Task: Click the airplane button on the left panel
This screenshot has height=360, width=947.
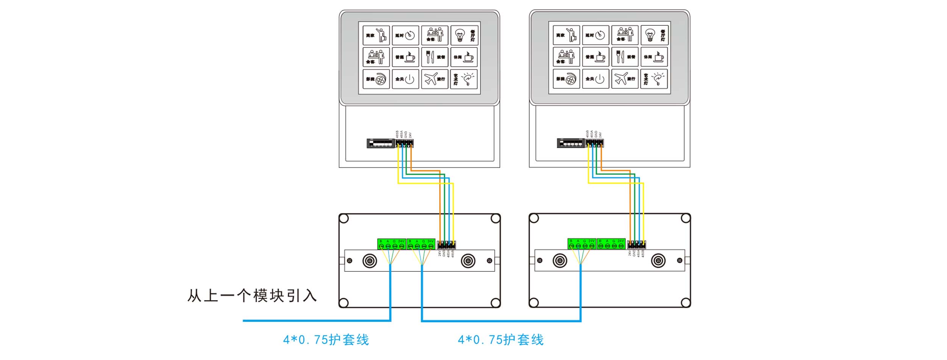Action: click(434, 79)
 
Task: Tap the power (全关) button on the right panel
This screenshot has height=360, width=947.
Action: click(595, 79)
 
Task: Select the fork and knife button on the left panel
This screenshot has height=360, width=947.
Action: click(434, 57)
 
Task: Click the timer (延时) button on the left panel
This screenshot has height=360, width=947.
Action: click(405, 35)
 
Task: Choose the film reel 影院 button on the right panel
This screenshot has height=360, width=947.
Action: click(566, 79)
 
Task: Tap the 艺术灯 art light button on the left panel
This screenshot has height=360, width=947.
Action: click(464, 79)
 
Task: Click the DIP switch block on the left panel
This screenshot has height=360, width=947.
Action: click(381, 143)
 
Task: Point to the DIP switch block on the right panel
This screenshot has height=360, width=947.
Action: click(571, 143)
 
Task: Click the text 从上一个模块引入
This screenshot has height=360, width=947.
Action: click(252, 296)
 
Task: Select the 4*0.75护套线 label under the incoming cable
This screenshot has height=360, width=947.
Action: click(326, 340)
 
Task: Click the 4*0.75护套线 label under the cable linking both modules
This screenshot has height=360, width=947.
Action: click(500, 340)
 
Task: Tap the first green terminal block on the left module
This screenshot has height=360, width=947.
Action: click(391, 244)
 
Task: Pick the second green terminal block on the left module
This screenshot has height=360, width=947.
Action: click(420, 244)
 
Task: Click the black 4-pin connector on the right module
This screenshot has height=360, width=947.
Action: click(636, 244)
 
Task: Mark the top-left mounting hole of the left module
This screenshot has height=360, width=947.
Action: click(344, 219)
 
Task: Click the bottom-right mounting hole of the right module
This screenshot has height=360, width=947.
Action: click(686, 302)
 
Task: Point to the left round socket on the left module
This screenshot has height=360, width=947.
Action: click(370, 261)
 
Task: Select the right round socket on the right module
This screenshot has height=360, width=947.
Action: click(658, 261)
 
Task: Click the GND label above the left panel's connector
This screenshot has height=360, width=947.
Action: click(406, 134)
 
